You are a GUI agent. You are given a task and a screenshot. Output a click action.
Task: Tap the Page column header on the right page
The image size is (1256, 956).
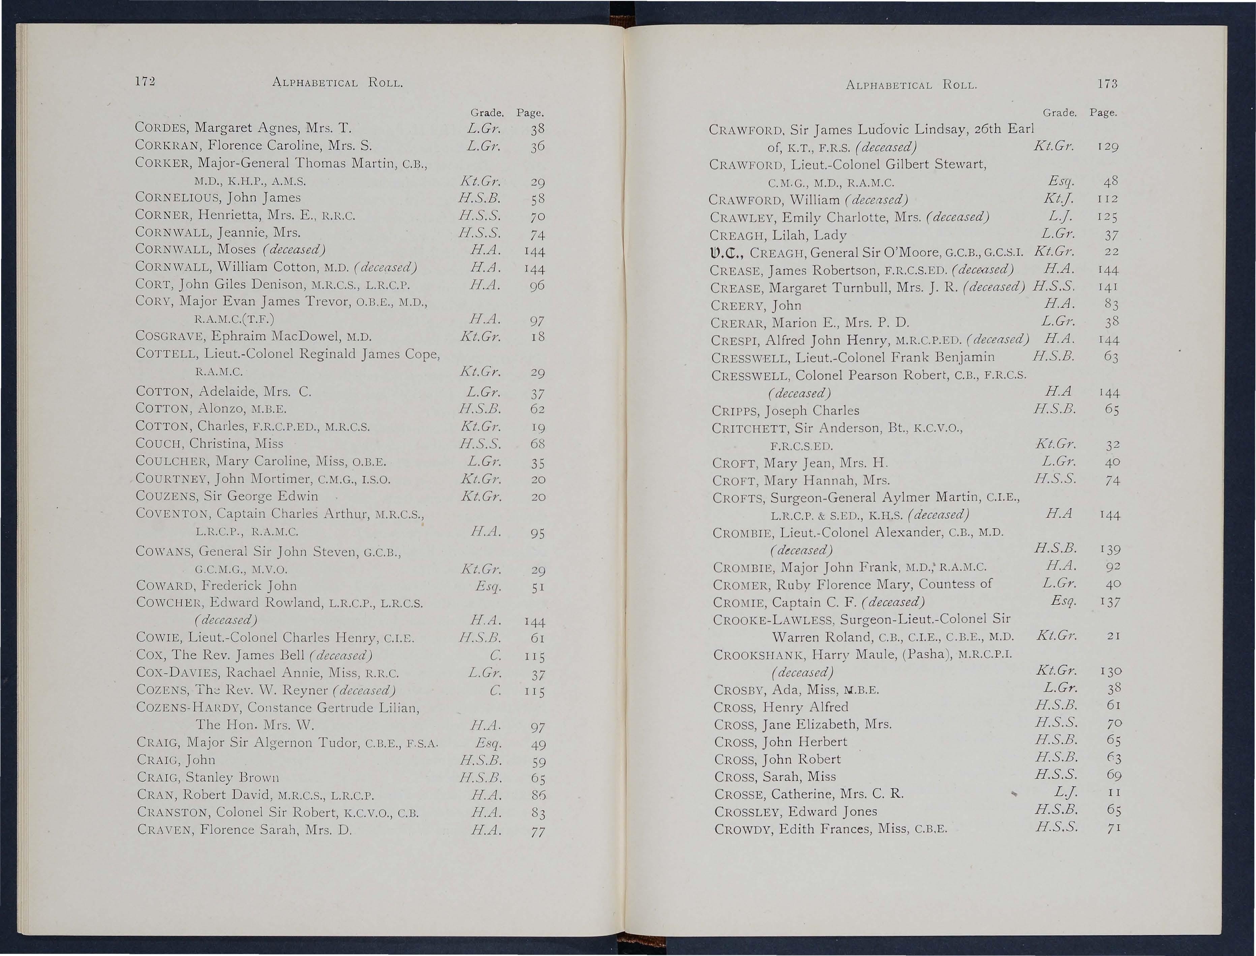click(1103, 113)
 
